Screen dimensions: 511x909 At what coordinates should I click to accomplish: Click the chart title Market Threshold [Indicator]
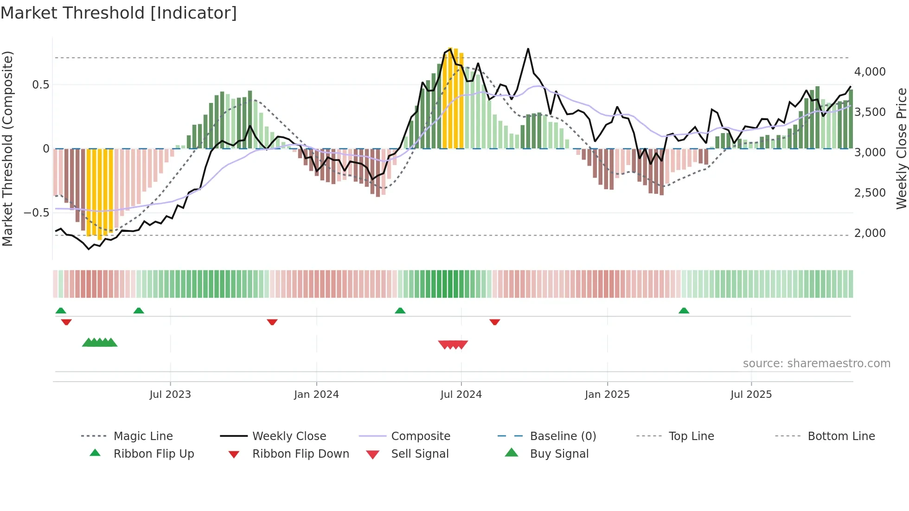(119, 13)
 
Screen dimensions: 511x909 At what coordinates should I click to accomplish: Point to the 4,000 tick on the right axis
(870, 72)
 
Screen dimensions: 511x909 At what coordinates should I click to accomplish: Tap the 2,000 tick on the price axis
(870, 233)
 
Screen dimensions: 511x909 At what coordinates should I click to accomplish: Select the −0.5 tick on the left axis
(36, 213)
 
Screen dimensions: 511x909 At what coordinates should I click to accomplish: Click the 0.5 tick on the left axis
(40, 85)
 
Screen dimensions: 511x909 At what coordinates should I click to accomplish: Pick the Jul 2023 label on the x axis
(170, 395)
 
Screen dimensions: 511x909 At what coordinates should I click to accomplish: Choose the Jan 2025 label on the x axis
(607, 395)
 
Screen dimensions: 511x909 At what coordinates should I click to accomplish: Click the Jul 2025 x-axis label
(751, 395)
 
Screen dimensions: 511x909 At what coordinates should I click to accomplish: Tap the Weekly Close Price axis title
(901, 148)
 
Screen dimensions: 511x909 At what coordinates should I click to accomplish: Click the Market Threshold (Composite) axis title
(7, 148)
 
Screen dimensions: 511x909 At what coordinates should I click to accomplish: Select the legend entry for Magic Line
(143, 436)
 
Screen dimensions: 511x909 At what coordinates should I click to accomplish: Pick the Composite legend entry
(420, 436)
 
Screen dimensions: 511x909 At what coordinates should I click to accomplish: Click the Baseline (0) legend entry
(563, 436)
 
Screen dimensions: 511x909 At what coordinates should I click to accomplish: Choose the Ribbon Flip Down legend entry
(300, 454)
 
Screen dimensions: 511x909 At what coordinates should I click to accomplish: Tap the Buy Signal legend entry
(559, 454)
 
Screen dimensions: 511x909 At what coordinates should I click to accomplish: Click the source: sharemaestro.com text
(816, 364)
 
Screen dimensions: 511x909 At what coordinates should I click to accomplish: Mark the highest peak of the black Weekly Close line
(528, 49)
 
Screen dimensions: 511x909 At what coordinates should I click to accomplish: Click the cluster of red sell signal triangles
(453, 345)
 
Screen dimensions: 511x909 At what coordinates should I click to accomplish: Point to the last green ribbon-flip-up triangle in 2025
(684, 311)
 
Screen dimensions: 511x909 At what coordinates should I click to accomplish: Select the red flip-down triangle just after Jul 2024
(494, 322)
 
